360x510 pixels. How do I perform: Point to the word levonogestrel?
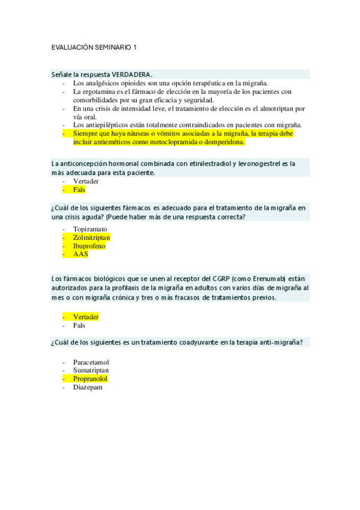260,163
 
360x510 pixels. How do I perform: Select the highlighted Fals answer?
79,189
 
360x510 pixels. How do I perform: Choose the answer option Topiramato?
90,229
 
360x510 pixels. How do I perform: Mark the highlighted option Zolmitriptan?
91,238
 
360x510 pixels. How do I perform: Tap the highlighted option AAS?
81,254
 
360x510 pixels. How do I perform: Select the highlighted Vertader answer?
86,316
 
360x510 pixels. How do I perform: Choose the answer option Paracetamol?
91,362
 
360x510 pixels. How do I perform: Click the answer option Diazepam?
87,388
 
